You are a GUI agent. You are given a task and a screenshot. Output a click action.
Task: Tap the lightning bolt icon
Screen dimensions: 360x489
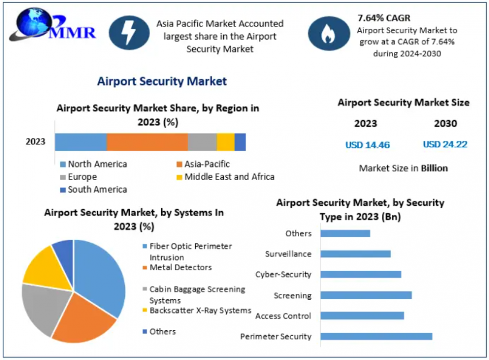125,32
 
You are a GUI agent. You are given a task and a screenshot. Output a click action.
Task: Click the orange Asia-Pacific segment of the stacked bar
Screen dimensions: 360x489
147,142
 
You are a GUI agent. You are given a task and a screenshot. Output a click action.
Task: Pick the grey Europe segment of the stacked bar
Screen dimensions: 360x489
202,142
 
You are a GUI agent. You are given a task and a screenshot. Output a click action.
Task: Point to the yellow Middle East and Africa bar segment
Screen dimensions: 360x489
226,142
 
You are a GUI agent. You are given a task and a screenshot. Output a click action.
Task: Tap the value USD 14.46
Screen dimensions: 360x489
368,145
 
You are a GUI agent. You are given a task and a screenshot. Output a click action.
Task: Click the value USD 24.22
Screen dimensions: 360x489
445,144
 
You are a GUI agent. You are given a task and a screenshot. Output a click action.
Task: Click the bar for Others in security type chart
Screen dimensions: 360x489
345,233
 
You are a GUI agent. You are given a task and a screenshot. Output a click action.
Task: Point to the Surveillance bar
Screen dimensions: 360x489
356,254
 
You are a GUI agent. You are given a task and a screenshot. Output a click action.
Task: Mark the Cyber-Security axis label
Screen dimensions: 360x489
283,275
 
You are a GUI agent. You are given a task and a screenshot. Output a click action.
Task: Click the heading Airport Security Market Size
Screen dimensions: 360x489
403,102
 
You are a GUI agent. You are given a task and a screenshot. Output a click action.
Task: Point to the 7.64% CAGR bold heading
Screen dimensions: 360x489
384,18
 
